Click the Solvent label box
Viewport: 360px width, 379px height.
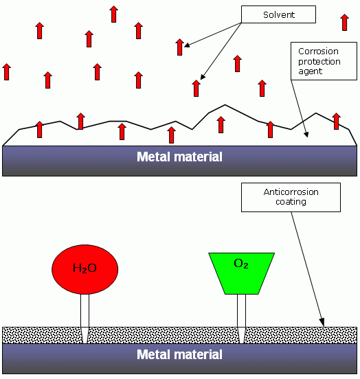[278, 14]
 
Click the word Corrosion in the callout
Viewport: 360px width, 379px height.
[318, 51]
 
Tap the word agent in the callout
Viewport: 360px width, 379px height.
[310, 71]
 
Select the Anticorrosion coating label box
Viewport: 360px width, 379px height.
[291, 197]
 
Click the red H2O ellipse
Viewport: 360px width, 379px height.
[85, 269]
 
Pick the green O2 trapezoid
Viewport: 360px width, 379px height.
[241, 273]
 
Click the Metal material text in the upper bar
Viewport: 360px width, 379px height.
[179, 157]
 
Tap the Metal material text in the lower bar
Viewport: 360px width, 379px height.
[179, 354]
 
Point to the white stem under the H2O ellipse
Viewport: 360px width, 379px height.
[85, 311]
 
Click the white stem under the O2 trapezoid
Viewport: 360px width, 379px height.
[241, 311]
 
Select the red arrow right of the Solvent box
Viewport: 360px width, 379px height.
[344, 22]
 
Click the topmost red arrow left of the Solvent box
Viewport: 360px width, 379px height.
[114, 14]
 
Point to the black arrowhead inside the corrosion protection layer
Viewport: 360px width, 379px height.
[306, 134]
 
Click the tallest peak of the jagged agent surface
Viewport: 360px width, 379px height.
[225, 105]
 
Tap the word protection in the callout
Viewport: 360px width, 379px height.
[319, 62]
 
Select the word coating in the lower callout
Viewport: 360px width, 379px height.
[291, 202]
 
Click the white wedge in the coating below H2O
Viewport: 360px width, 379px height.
[85, 335]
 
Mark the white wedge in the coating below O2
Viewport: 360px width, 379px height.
[241, 335]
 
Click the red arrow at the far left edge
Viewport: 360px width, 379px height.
[7, 72]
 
